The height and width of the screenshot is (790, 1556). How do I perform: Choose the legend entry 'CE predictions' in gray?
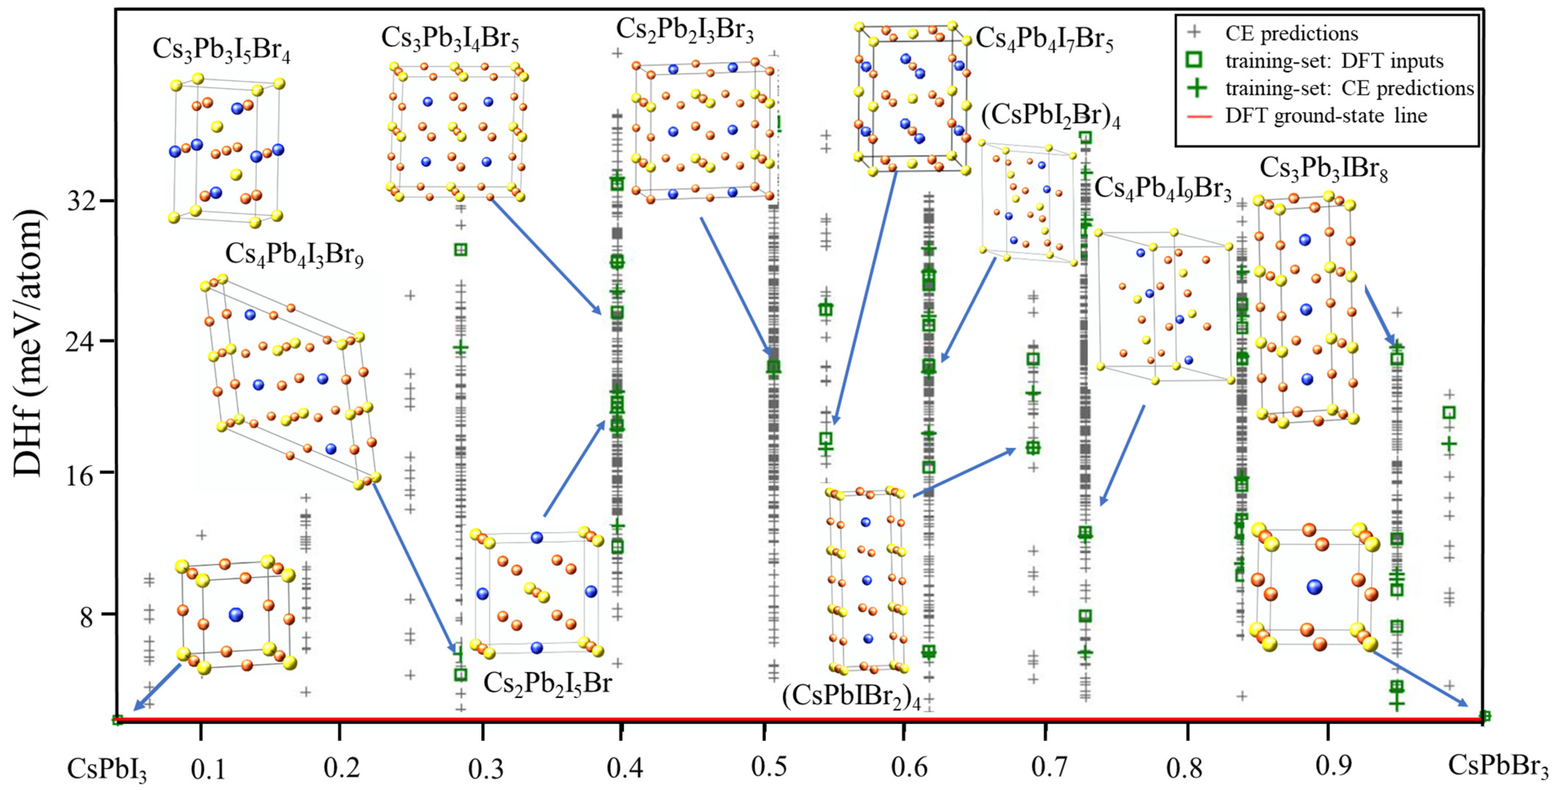[1291, 33]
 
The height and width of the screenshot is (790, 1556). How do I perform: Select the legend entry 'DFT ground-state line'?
[1326, 115]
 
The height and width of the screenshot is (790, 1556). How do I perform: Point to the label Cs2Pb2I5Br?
[547, 684]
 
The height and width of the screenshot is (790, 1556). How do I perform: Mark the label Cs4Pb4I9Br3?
[1163, 188]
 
